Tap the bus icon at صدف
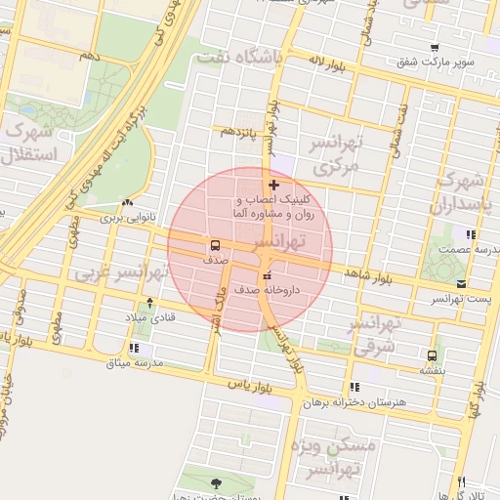[214, 245]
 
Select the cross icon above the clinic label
[273, 185]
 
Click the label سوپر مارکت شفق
[435, 62]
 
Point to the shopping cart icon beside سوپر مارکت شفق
[434, 47]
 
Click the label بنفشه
[432, 370]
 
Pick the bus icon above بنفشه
[432, 355]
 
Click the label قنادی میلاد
[148, 318]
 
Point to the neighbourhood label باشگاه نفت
[239, 57]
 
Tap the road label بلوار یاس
[248, 387]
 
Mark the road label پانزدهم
[238, 130]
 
